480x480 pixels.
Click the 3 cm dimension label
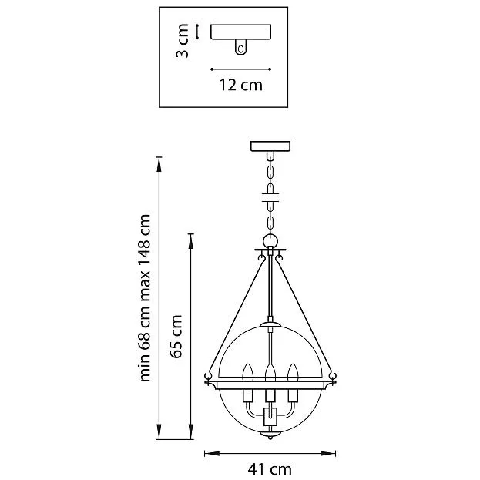[x=183, y=41]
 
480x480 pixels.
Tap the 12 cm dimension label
[x=241, y=85]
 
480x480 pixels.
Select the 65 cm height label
[x=176, y=336]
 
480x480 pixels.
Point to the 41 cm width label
[x=270, y=469]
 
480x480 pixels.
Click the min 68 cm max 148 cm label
[x=145, y=298]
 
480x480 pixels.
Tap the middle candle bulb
[x=270, y=373]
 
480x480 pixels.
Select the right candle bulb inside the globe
[x=293, y=373]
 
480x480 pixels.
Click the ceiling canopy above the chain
[x=270, y=146]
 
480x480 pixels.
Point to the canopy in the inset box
[x=241, y=32]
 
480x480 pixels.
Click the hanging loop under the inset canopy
[x=240, y=47]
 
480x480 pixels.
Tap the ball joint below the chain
[x=270, y=240]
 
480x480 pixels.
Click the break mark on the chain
[x=270, y=197]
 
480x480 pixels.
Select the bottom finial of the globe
[x=270, y=435]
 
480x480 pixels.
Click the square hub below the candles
[x=270, y=417]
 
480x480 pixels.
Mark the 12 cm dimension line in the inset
[x=241, y=69]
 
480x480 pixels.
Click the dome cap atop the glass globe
[x=270, y=324]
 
